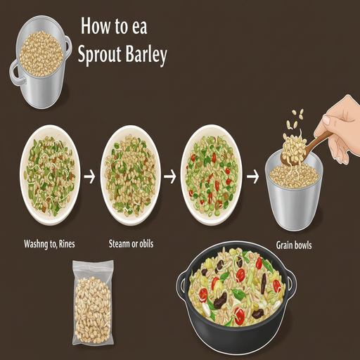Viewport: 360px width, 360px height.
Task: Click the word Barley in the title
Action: [x=146, y=55]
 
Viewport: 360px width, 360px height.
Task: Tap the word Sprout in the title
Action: [x=99, y=56]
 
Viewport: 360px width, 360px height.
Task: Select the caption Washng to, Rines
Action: [x=49, y=244]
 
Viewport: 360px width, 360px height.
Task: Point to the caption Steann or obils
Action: [x=131, y=244]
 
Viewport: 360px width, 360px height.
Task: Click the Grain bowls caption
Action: [x=294, y=245]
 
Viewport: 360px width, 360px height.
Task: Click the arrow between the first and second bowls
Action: [x=89, y=176]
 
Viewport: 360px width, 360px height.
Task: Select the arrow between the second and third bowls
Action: [x=170, y=176]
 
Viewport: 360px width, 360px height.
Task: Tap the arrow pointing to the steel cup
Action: [x=253, y=176]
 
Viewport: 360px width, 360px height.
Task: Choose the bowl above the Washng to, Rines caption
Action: [x=50, y=175]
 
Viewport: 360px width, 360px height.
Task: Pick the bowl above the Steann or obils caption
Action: [x=131, y=175]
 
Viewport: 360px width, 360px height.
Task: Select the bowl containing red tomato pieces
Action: [x=211, y=175]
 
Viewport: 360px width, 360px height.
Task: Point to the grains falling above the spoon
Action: [x=294, y=120]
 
